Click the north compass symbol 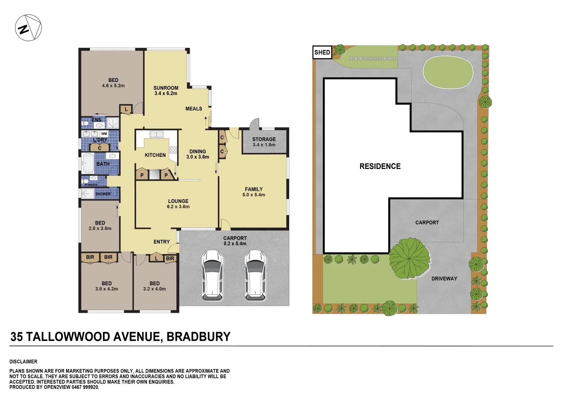point(28,28)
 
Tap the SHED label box point(322,52)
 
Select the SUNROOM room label point(166,88)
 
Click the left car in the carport point(212,275)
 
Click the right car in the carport point(255,275)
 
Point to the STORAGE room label point(264,139)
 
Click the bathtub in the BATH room point(88,163)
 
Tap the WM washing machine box point(104,134)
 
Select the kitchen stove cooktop point(173,150)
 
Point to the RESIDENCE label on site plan point(380,166)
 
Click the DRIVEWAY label point(444,279)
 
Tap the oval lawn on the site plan point(448,72)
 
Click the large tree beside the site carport point(409,258)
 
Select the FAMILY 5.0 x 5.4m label point(254,192)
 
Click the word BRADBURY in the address point(198,337)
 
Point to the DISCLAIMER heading point(23,362)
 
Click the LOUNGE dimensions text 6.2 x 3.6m point(178,207)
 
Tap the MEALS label point(194,109)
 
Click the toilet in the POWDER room point(86,181)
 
